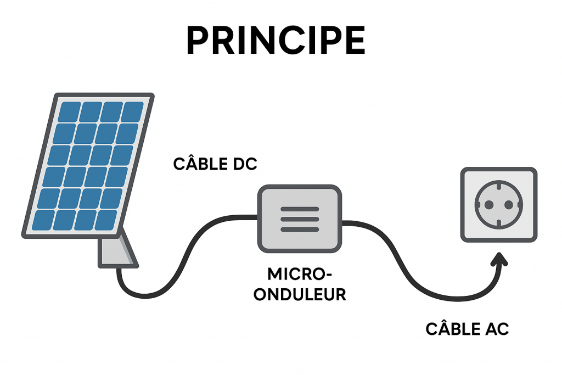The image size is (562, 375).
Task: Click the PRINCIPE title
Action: coord(276,39)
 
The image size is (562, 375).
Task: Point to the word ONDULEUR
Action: coord(300,294)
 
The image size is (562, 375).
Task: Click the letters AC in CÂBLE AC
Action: coord(497,329)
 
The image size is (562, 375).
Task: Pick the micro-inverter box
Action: coord(300,218)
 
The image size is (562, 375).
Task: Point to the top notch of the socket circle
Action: coord(498,186)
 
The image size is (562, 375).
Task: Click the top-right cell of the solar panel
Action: coord(132,112)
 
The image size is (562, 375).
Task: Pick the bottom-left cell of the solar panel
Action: coord(43,220)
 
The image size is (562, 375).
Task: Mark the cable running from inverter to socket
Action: coord(406,264)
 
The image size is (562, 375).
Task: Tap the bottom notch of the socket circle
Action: coord(498,223)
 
